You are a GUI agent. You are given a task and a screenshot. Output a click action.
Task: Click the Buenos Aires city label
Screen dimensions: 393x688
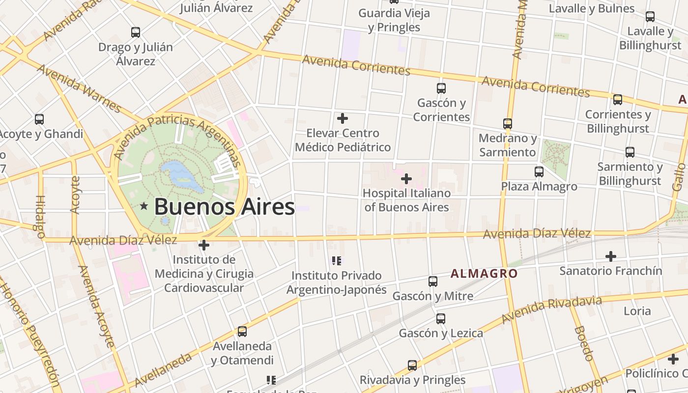(224, 207)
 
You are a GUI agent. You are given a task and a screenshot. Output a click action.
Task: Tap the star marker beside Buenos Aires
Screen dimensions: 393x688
(144, 206)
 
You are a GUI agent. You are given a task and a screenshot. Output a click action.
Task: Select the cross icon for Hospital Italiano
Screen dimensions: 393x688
(406, 179)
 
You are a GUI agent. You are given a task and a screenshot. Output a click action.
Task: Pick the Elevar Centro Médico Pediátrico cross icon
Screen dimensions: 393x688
(343, 118)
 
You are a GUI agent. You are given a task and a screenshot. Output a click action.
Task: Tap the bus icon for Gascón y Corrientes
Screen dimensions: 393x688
(441, 88)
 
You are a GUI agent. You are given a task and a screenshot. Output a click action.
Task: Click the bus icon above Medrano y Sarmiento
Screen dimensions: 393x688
(508, 124)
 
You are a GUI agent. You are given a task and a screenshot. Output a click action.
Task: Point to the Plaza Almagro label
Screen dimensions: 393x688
(539, 187)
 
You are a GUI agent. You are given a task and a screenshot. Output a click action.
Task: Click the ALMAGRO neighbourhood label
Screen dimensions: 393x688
(484, 274)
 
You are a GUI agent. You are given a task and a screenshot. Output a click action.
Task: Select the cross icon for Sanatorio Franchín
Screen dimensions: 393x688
(611, 256)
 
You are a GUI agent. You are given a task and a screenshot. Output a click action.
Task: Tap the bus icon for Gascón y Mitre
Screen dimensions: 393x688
(433, 281)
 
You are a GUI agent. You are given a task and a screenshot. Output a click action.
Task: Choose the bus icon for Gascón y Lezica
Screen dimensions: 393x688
(441, 319)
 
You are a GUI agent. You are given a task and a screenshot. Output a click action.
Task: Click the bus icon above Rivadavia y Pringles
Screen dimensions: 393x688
(412, 365)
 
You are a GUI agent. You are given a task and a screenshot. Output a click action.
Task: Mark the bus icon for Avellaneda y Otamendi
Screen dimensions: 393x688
(242, 332)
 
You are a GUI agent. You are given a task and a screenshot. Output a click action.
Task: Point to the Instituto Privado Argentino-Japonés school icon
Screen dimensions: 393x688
(337, 260)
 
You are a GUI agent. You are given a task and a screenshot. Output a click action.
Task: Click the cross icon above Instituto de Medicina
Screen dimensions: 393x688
(204, 245)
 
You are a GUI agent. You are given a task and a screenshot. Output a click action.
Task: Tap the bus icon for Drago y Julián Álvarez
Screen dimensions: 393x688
(136, 33)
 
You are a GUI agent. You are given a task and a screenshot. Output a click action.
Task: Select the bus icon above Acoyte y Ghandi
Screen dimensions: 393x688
(39, 119)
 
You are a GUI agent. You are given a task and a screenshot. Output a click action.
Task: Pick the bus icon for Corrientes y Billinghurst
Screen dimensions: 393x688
(618, 100)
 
